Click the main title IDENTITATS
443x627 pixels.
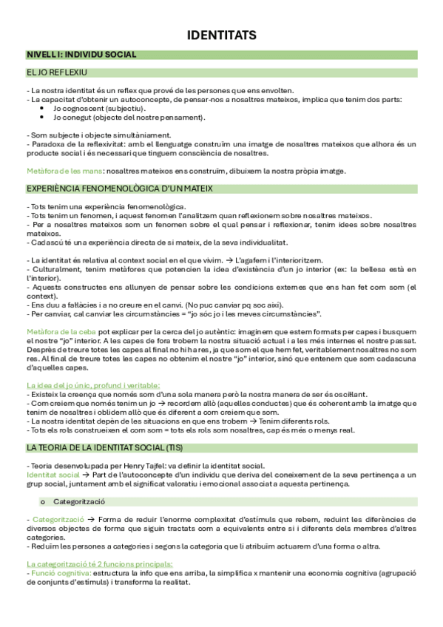pyautogui.click(x=221, y=35)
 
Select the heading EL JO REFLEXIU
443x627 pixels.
pyautogui.click(x=57, y=73)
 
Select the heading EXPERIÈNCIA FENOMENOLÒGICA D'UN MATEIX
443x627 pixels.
pyautogui.click(x=119, y=189)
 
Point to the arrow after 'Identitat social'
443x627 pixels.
pyautogui.click(x=87, y=474)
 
